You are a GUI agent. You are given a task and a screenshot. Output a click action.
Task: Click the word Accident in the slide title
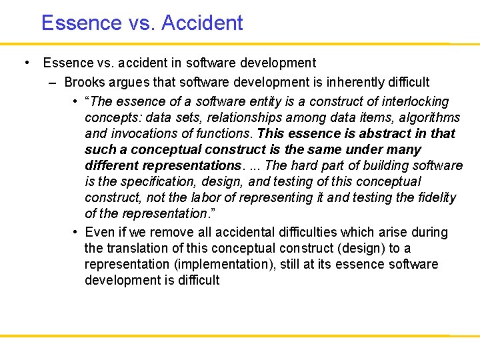(x=202, y=23)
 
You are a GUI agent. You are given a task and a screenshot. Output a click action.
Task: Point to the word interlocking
(x=416, y=101)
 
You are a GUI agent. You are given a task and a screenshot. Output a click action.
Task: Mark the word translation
(x=137, y=248)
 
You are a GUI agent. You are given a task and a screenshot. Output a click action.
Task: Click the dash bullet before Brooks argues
(x=53, y=83)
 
